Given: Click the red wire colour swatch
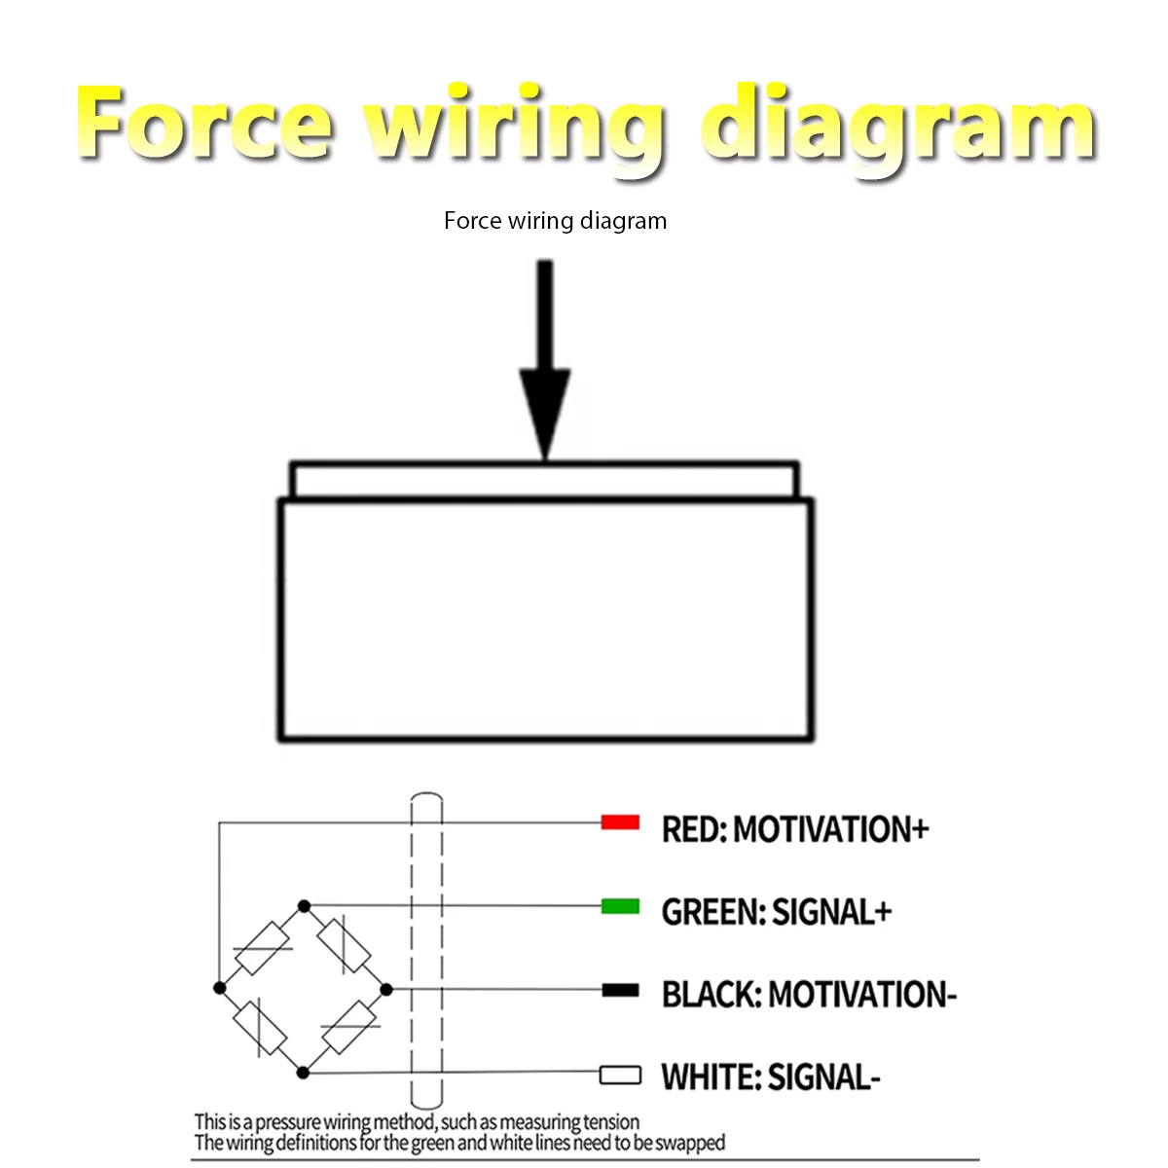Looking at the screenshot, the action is pyautogui.click(x=619, y=821).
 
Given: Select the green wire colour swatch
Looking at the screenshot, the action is pyautogui.click(x=619, y=906).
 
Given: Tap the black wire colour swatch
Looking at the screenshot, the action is pyautogui.click(x=619, y=991).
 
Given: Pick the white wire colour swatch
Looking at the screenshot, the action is pyautogui.click(x=619, y=1076).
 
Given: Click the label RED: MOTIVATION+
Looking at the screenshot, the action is pyautogui.click(x=794, y=828).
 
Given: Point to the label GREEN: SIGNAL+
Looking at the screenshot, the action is pyautogui.click(x=776, y=912).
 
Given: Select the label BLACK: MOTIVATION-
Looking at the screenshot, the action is pyautogui.click(x=809, y=995).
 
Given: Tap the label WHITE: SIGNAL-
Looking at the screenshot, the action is pyautogui.click(x=770, y=1077).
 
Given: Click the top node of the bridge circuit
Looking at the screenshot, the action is pyautogui.click(x=305, y=906).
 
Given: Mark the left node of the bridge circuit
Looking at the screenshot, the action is pyautogui.click(x=219, y=988).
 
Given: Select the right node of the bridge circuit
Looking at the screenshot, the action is pyautogui.click(x=386, y=990).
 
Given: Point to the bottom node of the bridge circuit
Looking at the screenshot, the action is pyautogui.click(x=303, y=1073).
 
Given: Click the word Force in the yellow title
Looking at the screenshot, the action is pyautogui.click(x=204, y=123).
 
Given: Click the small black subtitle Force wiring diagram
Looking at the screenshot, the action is pyautogui.click(x=555, y=221).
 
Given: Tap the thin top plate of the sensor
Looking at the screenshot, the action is pyautogui.click(x=544, y=480).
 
